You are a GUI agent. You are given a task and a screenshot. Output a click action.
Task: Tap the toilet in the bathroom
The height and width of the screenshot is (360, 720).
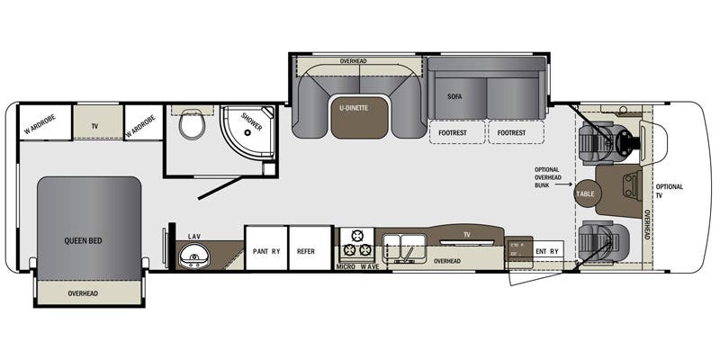[x=191, y=124]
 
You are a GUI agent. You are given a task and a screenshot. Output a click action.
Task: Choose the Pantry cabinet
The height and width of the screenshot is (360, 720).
[x=265, y=251]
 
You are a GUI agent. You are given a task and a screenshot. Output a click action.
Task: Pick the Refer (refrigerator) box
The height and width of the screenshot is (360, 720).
[x=306, y=251]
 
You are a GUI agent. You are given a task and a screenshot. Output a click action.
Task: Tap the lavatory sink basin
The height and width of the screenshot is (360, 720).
[x=193, y=257]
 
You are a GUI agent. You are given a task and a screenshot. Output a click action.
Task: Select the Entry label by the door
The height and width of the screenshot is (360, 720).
[x=547, y=251]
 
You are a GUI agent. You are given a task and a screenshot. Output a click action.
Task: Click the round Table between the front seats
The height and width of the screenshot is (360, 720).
[x=586, y=193]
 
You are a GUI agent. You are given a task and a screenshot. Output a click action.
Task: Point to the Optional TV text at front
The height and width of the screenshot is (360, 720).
[x=670, y=192]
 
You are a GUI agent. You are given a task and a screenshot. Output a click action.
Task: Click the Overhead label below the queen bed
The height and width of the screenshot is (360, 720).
[x=88, y=293]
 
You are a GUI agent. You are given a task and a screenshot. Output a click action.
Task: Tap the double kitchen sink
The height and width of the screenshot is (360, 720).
[x=403, y=244]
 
